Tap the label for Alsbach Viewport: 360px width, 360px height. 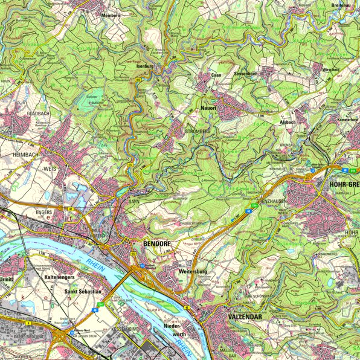[x=287, y=121]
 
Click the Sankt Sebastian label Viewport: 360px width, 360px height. [x=82, y=291]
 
